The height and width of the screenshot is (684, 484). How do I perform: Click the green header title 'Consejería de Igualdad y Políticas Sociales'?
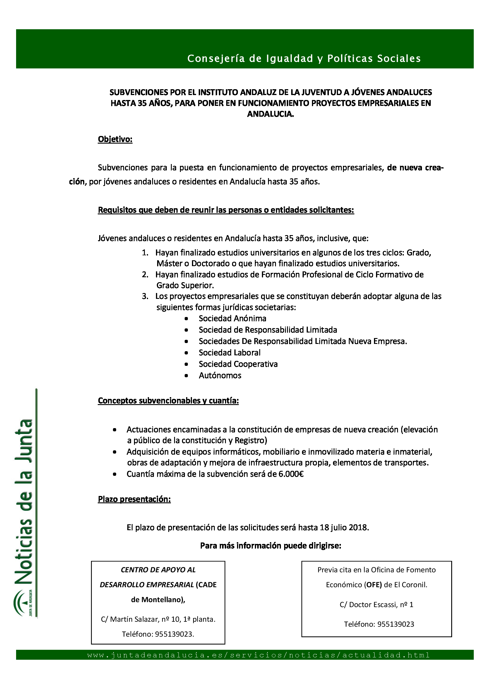(304, 58)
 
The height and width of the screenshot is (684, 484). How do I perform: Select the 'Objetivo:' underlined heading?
(115, 139)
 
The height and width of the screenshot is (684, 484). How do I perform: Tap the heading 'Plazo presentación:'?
(134, 499)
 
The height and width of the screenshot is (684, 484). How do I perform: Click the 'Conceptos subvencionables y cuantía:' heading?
(168, 400)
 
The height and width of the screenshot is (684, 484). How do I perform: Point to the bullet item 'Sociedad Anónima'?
(232, 318)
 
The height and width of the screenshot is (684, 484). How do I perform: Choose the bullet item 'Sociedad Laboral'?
(229, 353)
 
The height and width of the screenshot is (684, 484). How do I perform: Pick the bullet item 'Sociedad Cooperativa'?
(238, 364)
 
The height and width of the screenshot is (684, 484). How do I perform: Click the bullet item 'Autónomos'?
(220, 375)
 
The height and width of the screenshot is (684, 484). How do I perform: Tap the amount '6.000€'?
(291, 474)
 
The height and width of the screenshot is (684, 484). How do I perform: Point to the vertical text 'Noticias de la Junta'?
(24, 504)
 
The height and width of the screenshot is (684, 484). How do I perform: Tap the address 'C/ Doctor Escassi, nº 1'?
(376, 604)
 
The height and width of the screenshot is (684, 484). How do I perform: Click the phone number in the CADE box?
(174, 634)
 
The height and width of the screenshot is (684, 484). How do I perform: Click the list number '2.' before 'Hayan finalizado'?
(145, 274)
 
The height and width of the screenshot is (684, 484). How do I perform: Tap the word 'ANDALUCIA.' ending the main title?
(271, 114)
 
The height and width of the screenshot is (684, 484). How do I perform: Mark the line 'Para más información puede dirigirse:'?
(271, 545)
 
